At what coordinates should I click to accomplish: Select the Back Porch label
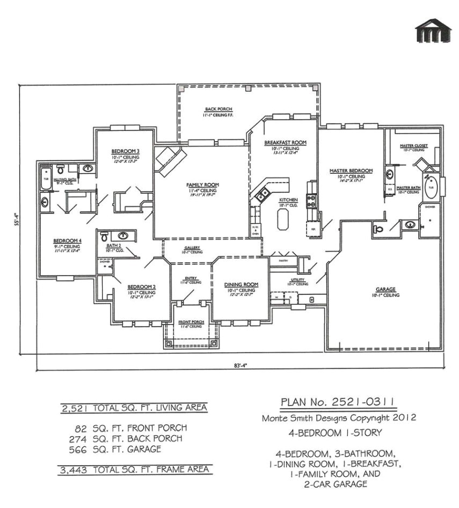pyautogui.click(x=206, y=109)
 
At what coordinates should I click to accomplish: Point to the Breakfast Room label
pyautogui.click(x=285, y=143)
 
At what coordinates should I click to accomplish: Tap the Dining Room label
pyautogui.click(x=241, y=284)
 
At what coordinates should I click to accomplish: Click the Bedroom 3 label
pyautogui.click(x=126, y=151)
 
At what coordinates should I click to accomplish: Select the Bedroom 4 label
pyautogui.click(x=67, y=240)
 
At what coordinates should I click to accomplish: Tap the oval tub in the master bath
pyautogui.click(x=432, y=188)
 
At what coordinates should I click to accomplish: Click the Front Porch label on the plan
pyautogui.click(x=191, y=322)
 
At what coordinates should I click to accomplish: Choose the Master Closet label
pyautogui.click(x=412, y=146)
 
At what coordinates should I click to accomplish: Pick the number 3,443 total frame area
pyautogui.click(x=72, y=470)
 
